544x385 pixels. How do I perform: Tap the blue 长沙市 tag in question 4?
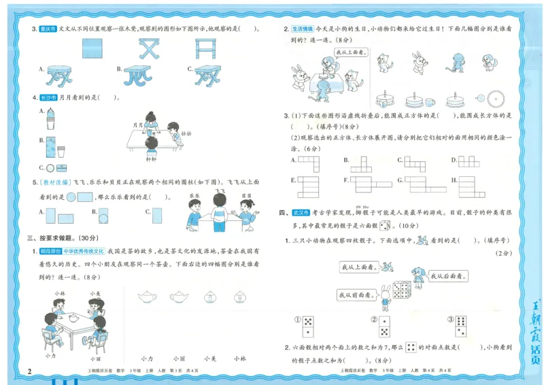49,98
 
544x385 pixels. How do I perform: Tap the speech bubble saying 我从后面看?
445,277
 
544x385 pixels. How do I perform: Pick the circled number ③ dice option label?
450,320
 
